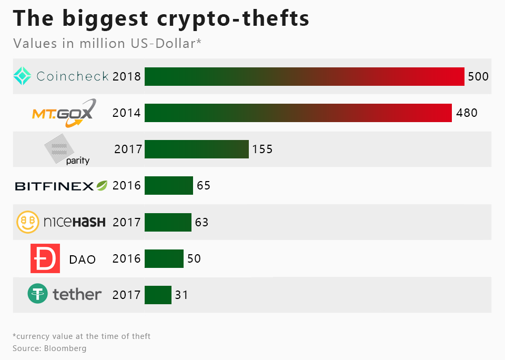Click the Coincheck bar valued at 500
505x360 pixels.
304,76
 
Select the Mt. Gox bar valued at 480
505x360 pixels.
298,113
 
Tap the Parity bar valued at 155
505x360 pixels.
196,149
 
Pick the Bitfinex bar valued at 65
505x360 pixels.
168,185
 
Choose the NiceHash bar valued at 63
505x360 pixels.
168,222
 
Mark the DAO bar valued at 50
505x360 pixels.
164,258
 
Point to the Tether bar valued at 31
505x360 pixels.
158,295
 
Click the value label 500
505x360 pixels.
478,76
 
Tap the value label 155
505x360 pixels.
262,149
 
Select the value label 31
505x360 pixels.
181,295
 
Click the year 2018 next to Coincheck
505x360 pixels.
127,76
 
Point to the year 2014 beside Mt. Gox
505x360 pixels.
127,113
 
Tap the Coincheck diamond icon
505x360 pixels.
23,76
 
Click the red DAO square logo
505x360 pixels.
45,258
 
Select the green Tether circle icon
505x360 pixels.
37,294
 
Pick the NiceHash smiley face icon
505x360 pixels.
28,222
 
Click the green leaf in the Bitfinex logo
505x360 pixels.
102,185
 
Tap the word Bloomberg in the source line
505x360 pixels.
65,348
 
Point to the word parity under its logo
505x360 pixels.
78,161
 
